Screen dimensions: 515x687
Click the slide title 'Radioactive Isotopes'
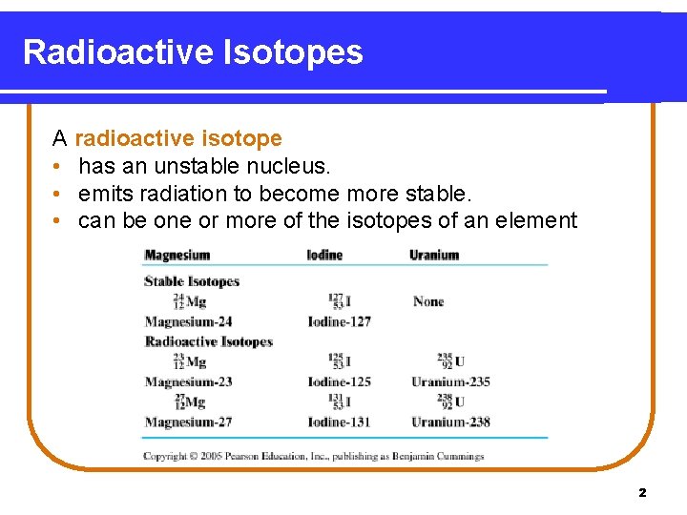pos(193,51)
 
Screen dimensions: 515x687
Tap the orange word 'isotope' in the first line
pos(246,139)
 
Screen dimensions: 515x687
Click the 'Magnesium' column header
pos(177,256)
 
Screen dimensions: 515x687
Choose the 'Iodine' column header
pos(324,256)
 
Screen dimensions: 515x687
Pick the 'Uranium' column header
pos(434,256)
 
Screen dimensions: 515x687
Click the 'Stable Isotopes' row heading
pos(191,281)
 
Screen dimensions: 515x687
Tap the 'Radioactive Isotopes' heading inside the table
pos(208,341)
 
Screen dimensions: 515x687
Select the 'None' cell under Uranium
pos(428,301)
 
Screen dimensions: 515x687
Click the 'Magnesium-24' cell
pos(188,322)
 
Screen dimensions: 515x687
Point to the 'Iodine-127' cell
pos(339,322)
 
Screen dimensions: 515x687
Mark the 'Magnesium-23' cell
pos(188,381)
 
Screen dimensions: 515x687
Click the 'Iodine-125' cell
pos(339,381)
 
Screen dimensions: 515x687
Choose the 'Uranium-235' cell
pos(450,381)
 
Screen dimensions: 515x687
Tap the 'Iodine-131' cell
pos(339,422)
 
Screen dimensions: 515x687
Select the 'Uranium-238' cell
pos(450,422)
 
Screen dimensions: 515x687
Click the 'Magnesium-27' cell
pos(188,422)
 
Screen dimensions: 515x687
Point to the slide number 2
pos(642,493)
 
